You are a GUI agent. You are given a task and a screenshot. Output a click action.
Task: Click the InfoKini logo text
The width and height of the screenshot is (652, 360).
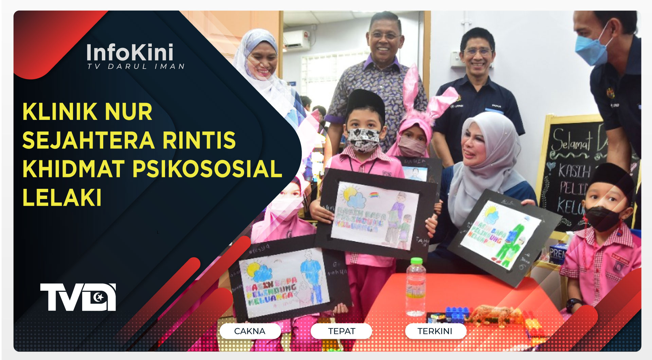(x=130, y=52)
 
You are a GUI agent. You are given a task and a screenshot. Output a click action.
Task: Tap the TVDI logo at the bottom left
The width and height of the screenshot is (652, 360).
(x=78, y=297)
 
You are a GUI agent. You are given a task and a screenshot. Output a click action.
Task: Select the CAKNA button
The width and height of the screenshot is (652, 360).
(x=250, y=331)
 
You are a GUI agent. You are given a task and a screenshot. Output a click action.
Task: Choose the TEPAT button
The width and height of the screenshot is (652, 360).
(x=342, y=331)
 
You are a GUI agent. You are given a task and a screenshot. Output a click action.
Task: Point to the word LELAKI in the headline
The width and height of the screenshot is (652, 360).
(x=62, y=197)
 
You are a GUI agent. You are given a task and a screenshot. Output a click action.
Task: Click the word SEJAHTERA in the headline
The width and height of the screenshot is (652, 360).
(x=89, y=140)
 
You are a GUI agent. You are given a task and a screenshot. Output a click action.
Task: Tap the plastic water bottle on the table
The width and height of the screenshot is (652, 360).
(x=415, y=287)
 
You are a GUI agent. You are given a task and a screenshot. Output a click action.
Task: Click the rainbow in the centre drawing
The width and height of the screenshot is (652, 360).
(x=374, y=195)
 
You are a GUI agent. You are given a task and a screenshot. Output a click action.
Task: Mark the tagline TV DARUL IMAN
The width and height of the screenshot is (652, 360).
(x=136, y=67)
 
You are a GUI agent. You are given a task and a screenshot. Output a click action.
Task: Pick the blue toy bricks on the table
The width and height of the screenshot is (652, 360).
(x=457, y=313)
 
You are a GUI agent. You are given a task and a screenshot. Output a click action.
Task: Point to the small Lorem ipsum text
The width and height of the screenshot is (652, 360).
(x=539, y=337)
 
